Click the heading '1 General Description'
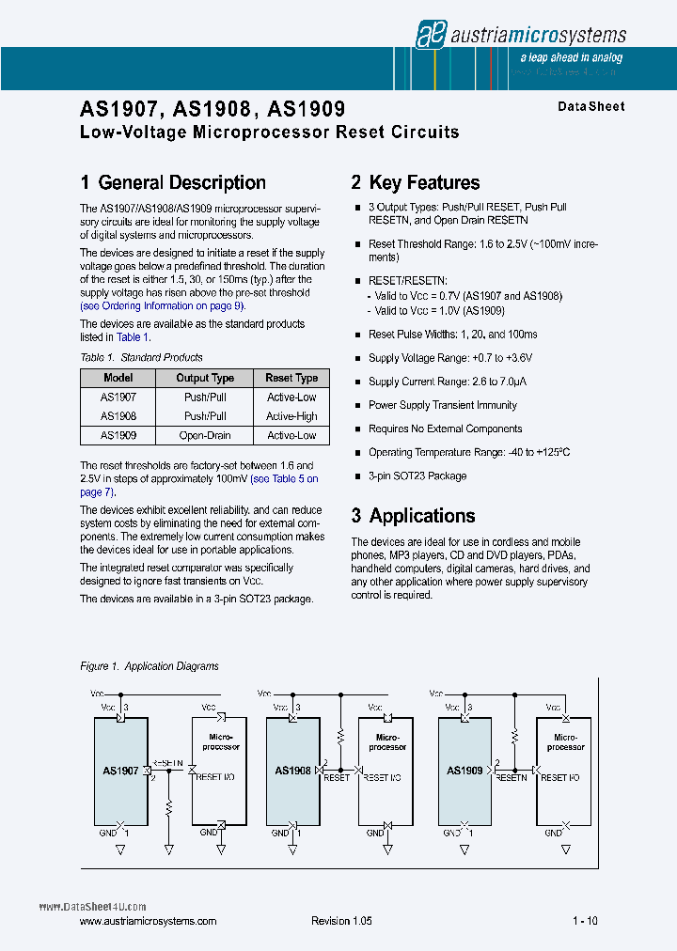point(173,183)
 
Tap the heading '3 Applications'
point(413,516)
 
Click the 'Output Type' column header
point(205,378)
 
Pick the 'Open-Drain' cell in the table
point(205,436)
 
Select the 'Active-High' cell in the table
point(291,416)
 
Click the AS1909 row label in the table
point(118,436)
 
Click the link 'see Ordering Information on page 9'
point(163,305)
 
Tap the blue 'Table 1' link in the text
point(129,337)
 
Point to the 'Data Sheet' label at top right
point(590,107)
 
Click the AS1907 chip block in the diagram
point(120,771)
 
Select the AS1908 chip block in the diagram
point(292,771)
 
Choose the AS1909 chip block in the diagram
point(465,771)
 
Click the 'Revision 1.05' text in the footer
point(341,921)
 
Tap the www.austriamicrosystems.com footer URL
point(149,921)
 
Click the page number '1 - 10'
point(585,921)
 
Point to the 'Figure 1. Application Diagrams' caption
point(150,666)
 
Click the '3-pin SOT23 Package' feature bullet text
point(417,475)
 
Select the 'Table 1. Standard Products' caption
point(142,357)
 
